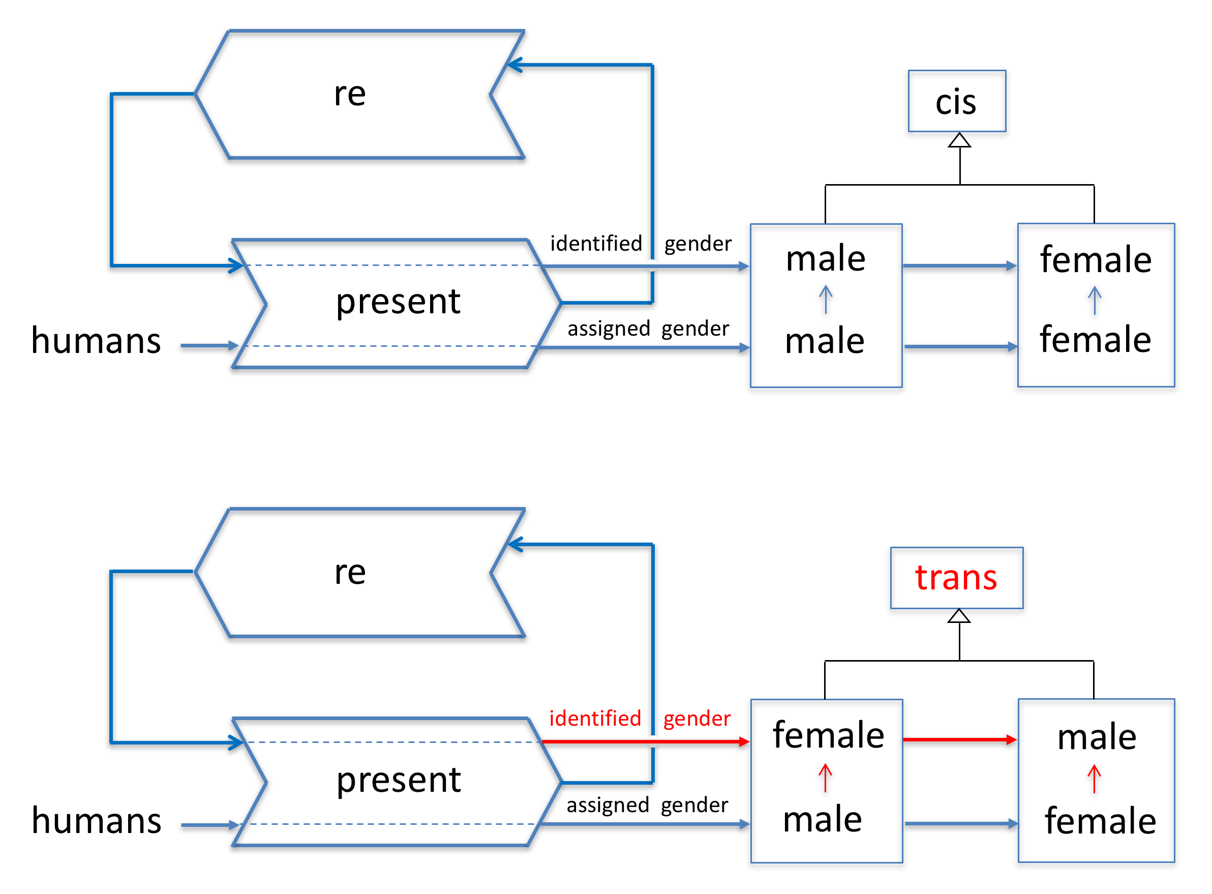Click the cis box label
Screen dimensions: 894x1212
click(x=956, y=102)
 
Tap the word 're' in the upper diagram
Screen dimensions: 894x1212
click(x=350, y=94)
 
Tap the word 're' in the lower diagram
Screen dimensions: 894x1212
click(x=350, y=572)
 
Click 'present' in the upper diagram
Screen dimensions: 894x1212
click(x=398, y=302)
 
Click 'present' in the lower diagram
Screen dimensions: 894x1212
click(x=398, y=781)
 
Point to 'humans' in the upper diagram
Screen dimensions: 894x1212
click(x=96, y=341)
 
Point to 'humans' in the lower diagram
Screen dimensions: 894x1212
click(x=96, y=820)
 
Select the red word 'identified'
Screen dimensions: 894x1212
click(x=595, y=718)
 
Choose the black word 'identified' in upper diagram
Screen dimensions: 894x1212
click(x=596, y=244)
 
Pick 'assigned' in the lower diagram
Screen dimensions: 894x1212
click(x=608, y=805)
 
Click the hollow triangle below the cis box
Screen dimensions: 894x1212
click(x=959, y=141)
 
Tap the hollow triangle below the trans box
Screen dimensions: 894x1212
click(x=959, y=616)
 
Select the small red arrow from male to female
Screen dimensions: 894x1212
click(x=825, y=778)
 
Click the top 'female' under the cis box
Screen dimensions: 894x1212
click(x=1096, y=260)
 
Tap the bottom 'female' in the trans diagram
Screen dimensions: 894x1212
click(x=1100, y=821)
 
